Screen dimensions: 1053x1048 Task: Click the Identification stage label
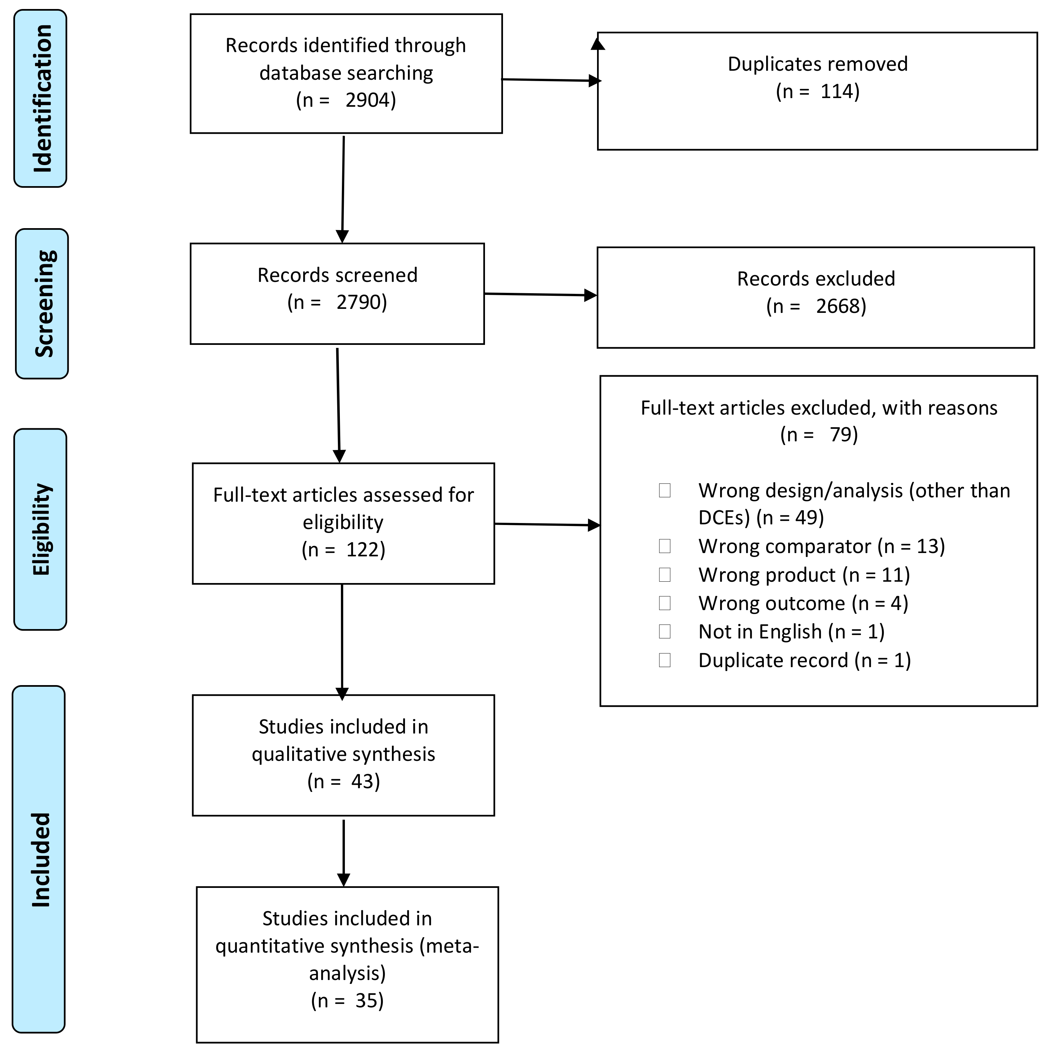[x=41, y=99]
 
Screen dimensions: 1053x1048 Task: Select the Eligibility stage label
[x=41, y=529]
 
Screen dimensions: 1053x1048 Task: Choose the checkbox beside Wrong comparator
[x=664, y=546]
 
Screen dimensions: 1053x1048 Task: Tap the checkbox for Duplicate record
[x=664, y=660]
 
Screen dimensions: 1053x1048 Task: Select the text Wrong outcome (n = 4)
[x=803, y=603]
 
